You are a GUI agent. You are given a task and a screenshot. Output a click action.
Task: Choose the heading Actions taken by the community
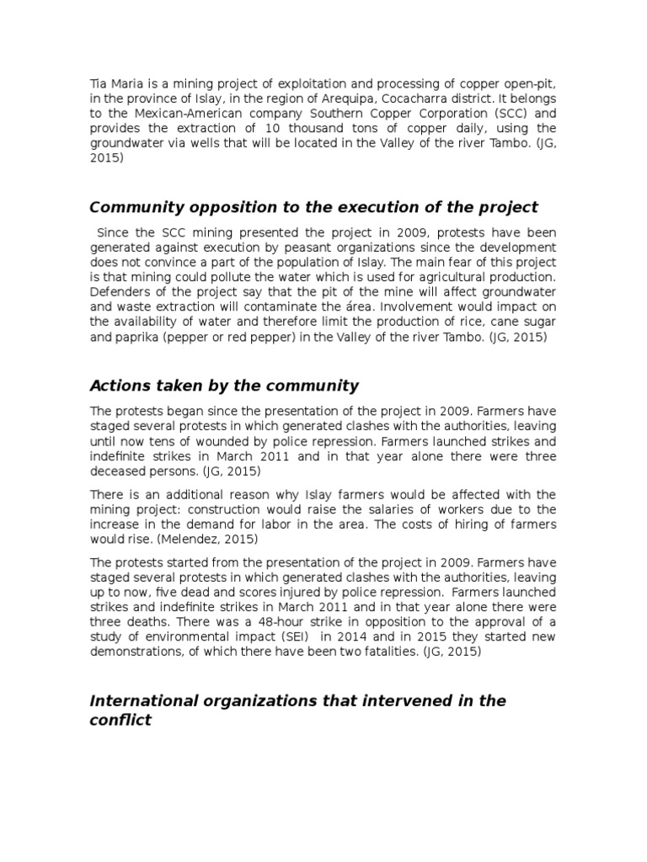coord(224,386)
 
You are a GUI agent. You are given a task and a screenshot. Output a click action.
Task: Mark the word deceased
coord(119,471)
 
